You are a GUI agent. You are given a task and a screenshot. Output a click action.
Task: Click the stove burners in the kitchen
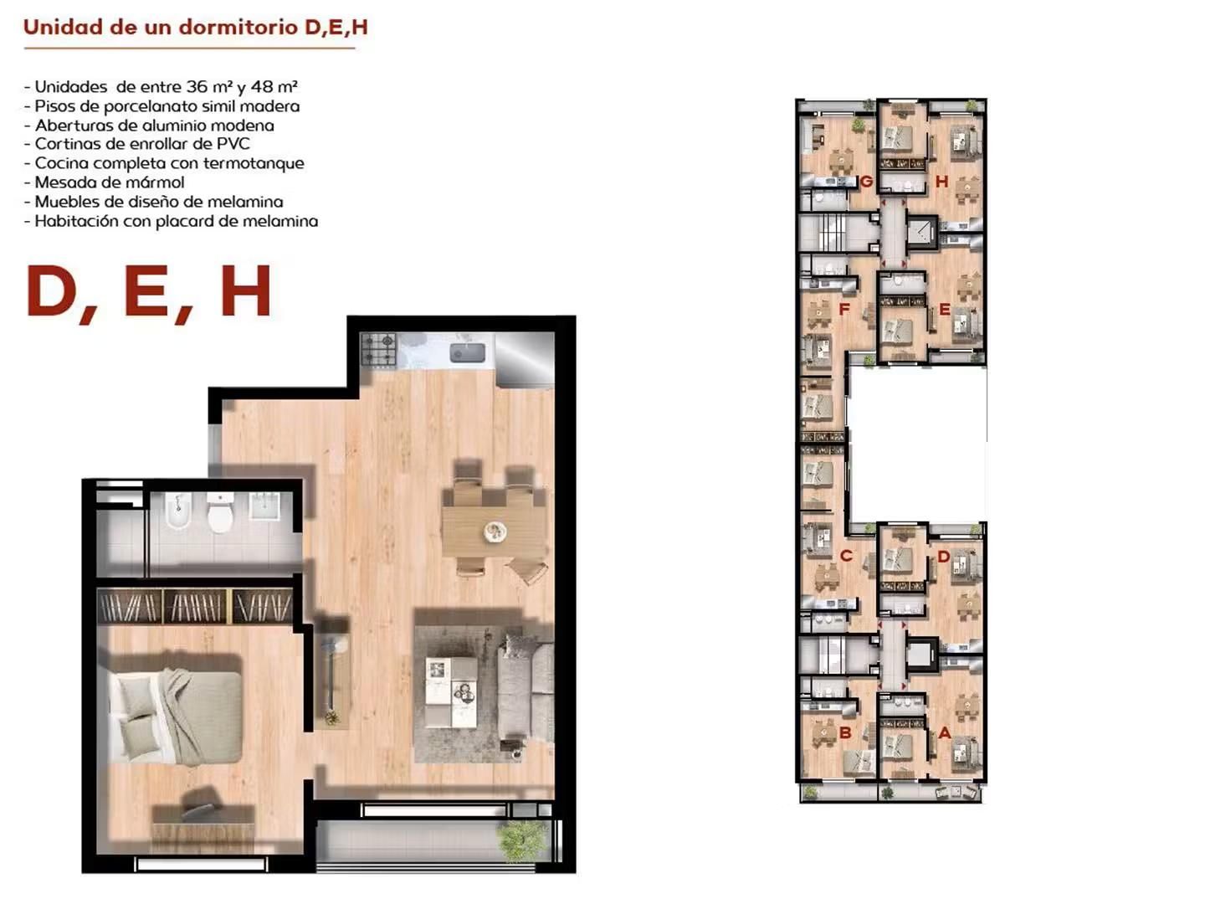(378, 350)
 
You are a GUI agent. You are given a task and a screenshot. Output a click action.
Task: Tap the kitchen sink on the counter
(467, 353)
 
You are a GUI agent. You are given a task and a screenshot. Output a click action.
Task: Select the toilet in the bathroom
(220, 512)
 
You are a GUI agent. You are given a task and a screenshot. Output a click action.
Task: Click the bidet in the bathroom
(178, 511)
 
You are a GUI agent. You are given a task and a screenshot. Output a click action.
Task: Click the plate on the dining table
(495, 531)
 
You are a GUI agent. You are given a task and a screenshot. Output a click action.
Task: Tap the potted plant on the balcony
(522, 840)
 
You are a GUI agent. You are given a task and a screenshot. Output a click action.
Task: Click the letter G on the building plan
(866, 181)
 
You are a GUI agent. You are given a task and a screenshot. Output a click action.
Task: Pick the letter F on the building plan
(844, 309)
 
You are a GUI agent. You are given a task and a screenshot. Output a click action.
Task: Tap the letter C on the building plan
(846, 556)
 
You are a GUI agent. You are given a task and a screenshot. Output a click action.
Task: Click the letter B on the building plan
(845, 732)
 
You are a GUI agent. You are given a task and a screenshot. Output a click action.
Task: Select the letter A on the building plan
(944, 732)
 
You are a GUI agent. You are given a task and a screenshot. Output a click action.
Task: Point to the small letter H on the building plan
(941, 181)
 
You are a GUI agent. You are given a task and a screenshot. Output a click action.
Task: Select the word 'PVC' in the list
(233, 144)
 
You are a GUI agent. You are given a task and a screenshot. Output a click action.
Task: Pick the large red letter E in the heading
(146, 291)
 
